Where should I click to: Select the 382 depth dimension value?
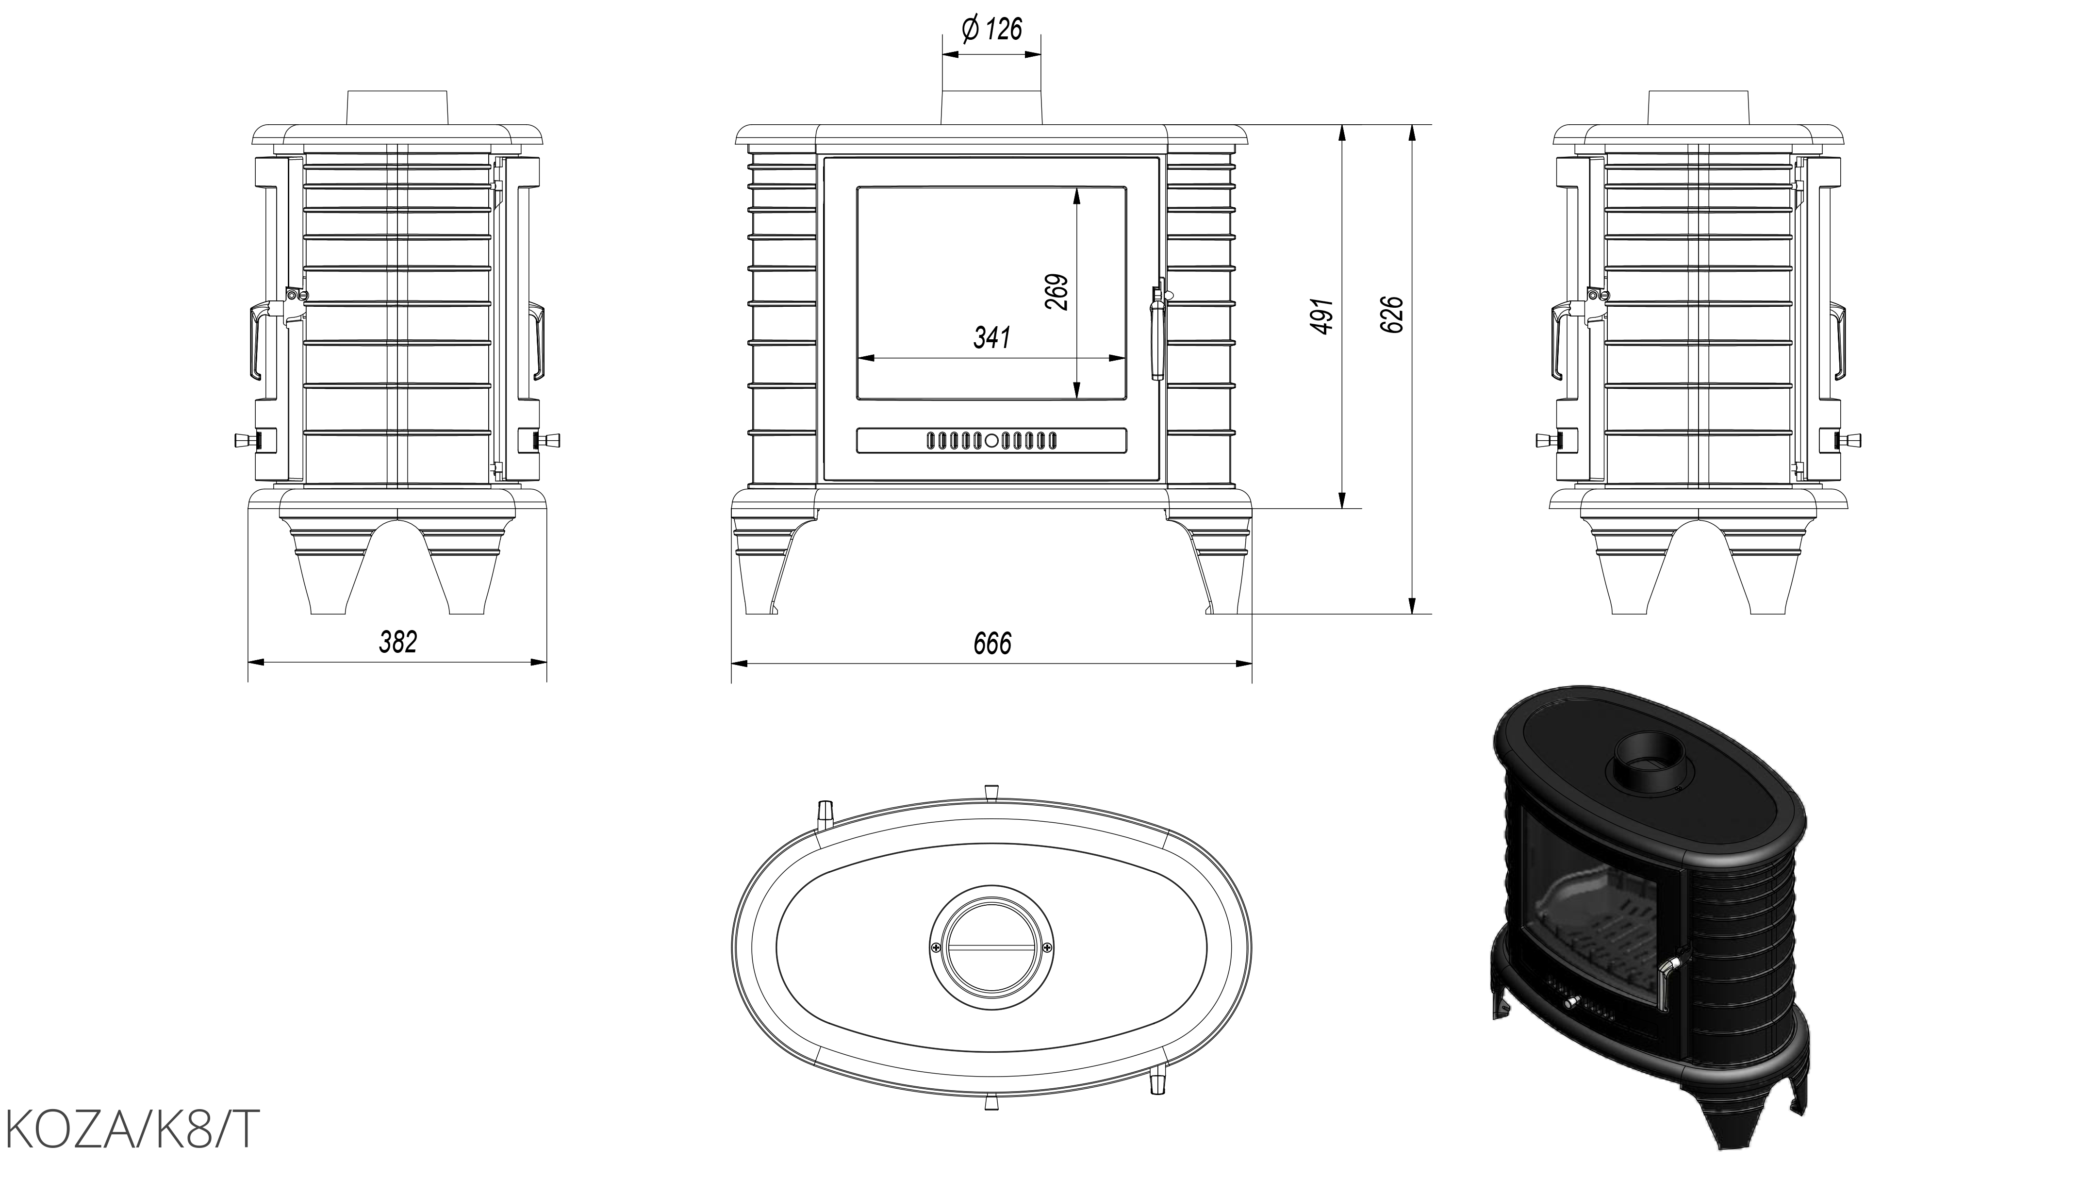click(x=398, y=642)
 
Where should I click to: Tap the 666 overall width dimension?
click(x=992, y=644)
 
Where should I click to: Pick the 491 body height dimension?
click(x=1322, y=316)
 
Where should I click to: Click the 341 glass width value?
click(x=992, y=337)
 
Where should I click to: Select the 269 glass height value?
click(x=1056, y=291)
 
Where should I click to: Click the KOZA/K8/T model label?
click(x=132, y=1129)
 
